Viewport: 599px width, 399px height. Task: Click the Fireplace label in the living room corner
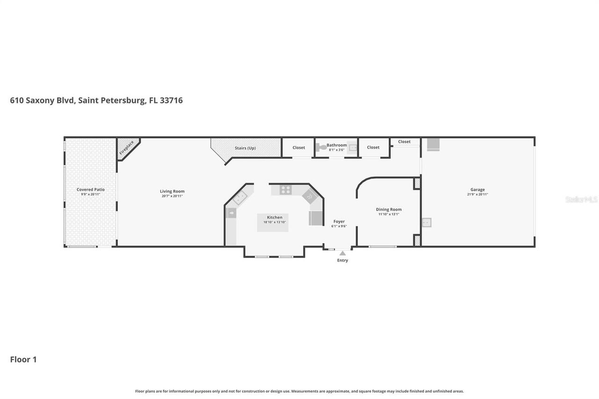(x=126, y=147)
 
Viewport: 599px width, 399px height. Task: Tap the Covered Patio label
(x=90, y=189)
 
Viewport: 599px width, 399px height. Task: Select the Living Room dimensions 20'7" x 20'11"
(x=172, y=196)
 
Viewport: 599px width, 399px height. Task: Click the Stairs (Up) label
(x=245, y=148)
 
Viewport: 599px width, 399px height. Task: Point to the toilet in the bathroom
(x=322, y=147)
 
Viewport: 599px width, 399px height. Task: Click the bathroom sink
(x=352, y=148)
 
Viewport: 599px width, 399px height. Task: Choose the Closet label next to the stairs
(x=299, y=148)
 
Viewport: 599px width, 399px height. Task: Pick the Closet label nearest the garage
(x=404, y=142)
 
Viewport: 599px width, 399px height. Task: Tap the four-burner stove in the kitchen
(x=285, y=189)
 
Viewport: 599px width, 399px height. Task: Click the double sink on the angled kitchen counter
(x=240, y=198)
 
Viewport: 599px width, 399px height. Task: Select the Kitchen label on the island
(x=275, y=218)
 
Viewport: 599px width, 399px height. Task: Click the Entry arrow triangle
(x=343, y=253)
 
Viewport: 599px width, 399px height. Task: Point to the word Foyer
(x=339, y=221)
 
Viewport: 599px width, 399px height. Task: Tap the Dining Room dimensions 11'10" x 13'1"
(x=389, y=214)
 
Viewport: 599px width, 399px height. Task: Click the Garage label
(x=477, y=189)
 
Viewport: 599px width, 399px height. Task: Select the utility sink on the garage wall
(x=426, y=223)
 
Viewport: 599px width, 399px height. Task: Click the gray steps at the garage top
(x=433, y=145)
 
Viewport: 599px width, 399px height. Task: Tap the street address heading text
(x=96, y=100)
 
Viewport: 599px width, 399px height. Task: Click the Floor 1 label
(x=23, y=359)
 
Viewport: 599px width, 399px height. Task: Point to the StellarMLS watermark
(x=581, y=199)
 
